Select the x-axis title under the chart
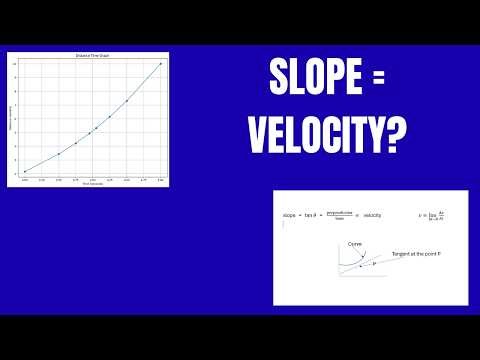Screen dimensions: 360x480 point(92,183)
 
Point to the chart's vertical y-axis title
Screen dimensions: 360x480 point(13,118)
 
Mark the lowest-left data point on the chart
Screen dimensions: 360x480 point(25,172)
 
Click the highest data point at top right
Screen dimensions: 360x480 point(160,64)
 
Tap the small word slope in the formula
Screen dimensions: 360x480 point(291,215)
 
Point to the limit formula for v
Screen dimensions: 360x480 point(432,215)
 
